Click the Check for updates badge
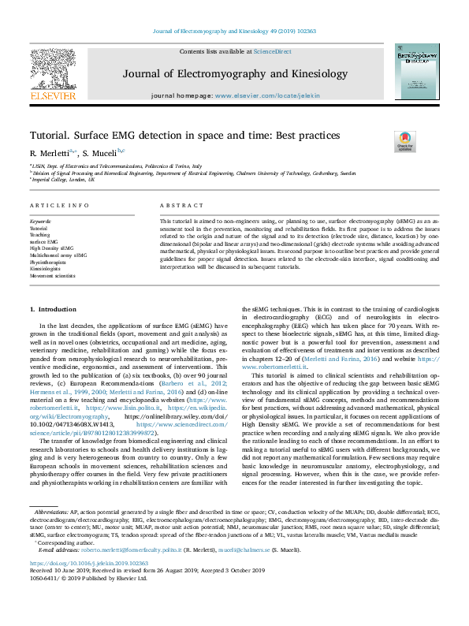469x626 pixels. tap(406, 141)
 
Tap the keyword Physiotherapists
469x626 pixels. tap(48, 262)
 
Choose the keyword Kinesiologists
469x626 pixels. tap(46, 269)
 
